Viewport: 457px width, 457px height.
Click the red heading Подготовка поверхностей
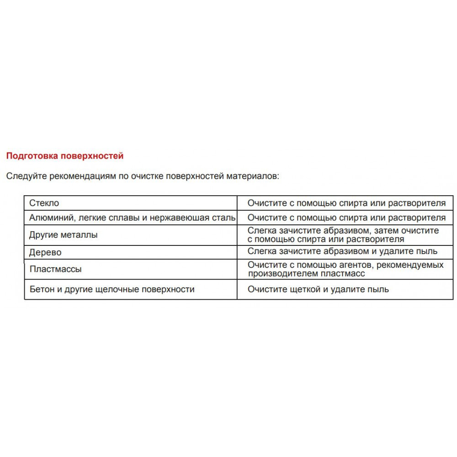coord(64,156)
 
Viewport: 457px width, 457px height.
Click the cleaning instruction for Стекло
coord(346,203)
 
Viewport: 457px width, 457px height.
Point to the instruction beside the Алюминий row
coord(346,218)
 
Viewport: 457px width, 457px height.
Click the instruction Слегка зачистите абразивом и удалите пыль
coord(342,251)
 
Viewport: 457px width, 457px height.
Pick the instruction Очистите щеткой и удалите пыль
coord(318,289)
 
